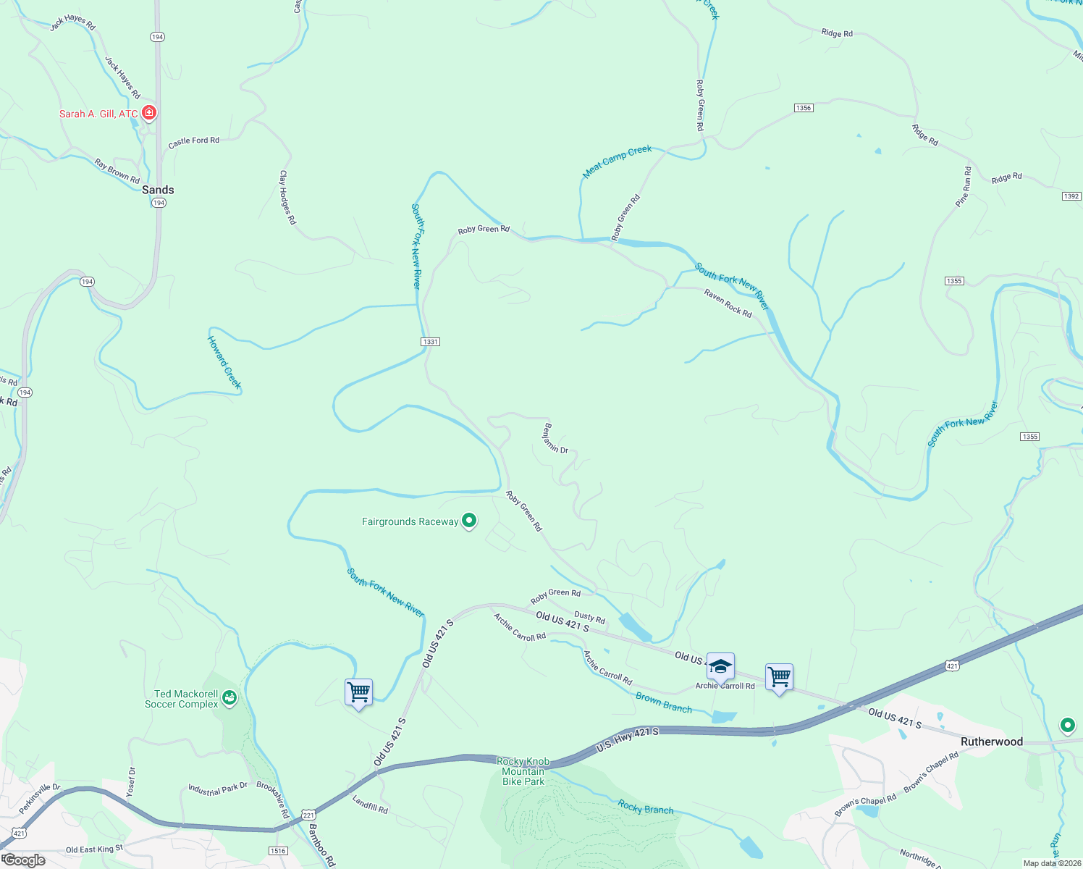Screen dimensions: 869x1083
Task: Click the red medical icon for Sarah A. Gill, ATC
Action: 149,113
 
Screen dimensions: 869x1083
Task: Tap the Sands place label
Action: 158,190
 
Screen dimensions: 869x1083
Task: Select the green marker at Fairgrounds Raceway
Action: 469,520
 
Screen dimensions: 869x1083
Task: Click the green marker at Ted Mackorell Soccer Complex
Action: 229,697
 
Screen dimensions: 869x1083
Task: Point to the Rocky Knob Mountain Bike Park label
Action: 523,771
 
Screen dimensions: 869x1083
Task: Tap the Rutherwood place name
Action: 991,742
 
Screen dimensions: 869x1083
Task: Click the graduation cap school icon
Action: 720,666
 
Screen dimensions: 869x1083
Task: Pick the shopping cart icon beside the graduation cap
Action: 779,677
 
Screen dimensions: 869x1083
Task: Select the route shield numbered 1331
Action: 431,342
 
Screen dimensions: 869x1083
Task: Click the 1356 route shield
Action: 803,108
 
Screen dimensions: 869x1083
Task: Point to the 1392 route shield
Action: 1071,196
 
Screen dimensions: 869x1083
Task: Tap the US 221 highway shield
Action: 309,814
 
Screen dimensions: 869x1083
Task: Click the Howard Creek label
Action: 224,362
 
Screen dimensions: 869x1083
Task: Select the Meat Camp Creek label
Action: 618,160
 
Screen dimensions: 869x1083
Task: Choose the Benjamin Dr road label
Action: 555,438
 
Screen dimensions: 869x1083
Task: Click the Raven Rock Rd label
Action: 728,303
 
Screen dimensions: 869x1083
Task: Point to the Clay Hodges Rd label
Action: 287,197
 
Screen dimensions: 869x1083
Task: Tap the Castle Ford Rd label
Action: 193,142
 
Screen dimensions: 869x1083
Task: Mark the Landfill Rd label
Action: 370,804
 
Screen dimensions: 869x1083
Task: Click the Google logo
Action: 25,860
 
